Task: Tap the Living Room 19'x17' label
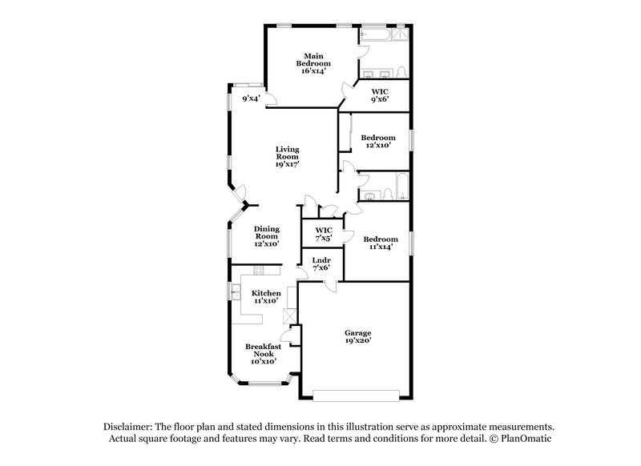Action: (x=287, y=155)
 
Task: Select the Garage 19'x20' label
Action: (x=357, y=337)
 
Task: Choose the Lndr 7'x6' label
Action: (x=320, y=263)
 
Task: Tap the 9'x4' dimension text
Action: (x=252, y=99)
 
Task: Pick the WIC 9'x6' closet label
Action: (x=379, y=95)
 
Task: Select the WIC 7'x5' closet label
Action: (x=323, y=235)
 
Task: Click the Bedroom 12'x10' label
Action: (x=377, y=142)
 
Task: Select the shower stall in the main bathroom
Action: (x=400, y=36)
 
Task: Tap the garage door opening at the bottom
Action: (x=355, y=394)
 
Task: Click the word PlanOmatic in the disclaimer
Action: (x=527, y=440)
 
